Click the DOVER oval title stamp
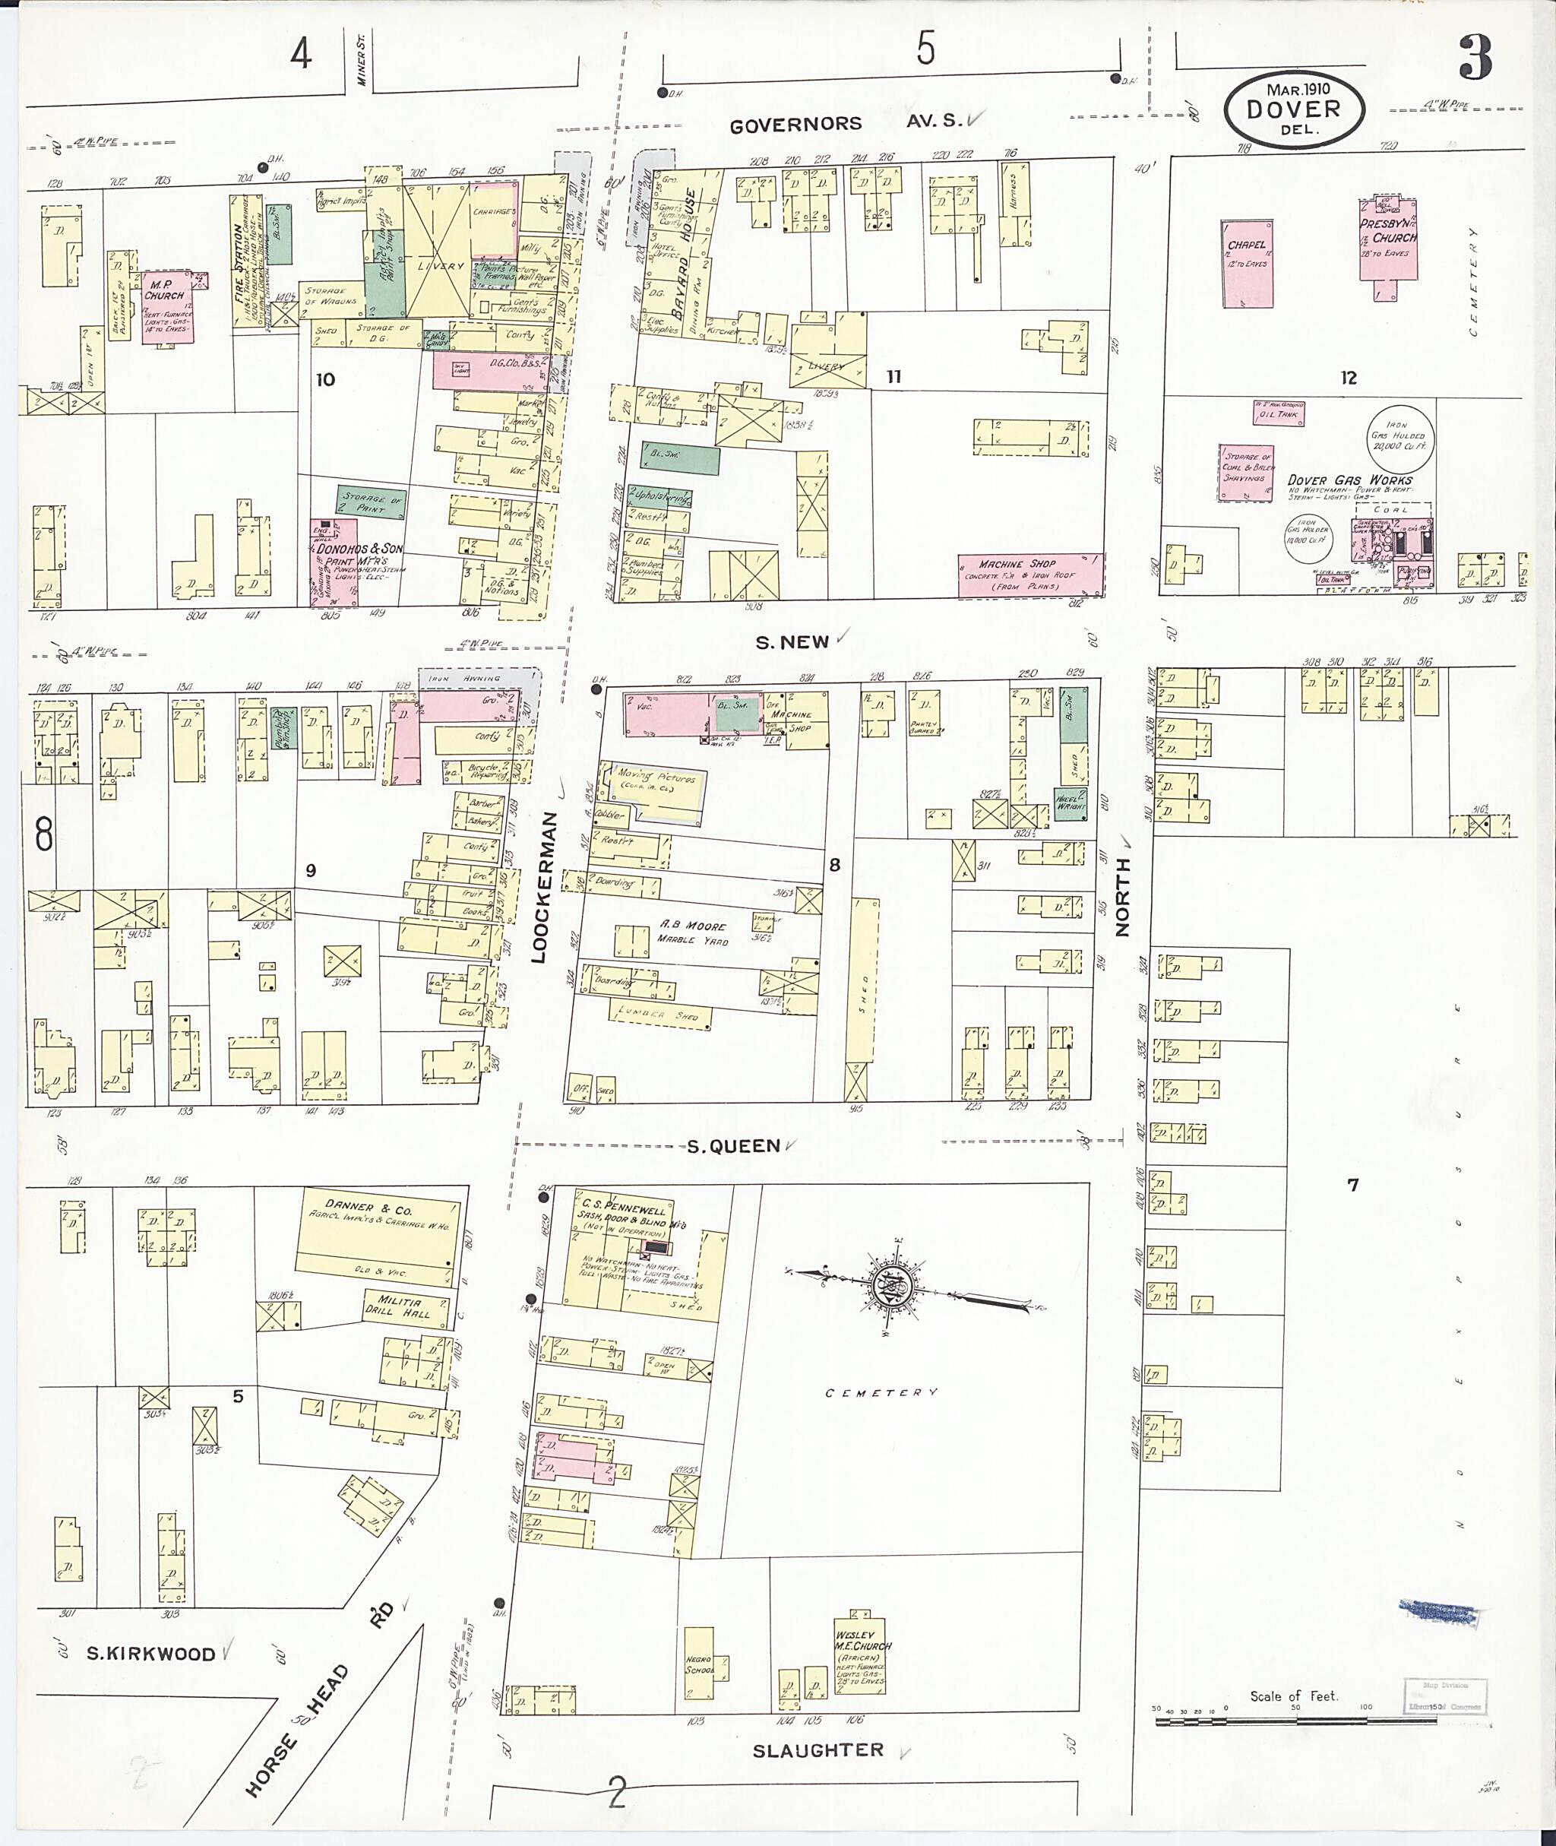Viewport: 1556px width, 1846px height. click(x=1294, y=109)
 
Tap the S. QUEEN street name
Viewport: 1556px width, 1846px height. click(x=733, y=1146)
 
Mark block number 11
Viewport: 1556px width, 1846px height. click(x=893, y=377)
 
